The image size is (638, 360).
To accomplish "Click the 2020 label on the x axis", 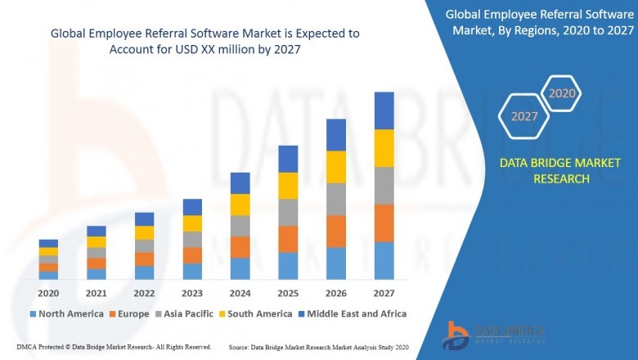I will pos(48,293).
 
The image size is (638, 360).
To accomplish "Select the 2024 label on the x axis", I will pos(240,293).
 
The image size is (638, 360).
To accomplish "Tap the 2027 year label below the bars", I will pos(384,293).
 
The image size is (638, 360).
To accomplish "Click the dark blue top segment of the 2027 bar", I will pos(384,110).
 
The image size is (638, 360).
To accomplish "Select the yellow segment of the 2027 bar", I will pos(384,148).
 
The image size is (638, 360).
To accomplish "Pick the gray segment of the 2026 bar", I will pos(336,199).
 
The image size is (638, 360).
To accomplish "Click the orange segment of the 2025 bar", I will pos(288,239).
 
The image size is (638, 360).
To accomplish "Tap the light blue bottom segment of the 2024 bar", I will pos(240,268).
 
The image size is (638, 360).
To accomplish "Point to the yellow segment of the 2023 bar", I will pos(192,223).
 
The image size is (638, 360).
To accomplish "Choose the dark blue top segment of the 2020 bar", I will pos(48,243).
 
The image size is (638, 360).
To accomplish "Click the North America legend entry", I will pos(67,313).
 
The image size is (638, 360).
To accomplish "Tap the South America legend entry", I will pos(257,313).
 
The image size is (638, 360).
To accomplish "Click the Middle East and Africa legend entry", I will pos(354,313).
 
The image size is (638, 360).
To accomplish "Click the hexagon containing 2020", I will pos(561,94).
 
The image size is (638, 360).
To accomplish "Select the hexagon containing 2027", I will pos(524,116).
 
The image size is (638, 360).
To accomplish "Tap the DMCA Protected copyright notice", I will pos(114,347).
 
